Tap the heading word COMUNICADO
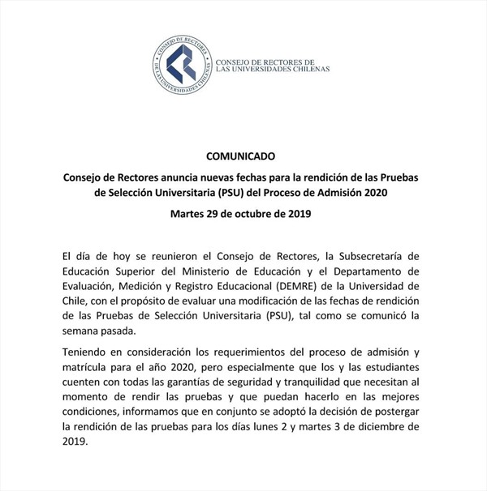coord(243,155)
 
